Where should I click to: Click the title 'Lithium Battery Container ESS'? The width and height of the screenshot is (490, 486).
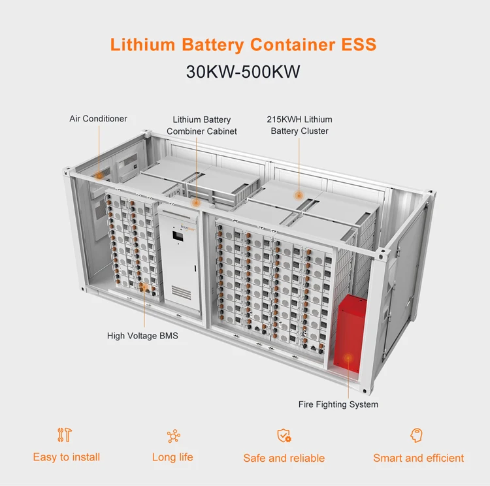tap(243, 44)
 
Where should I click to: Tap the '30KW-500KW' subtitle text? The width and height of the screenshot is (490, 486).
tap(243, 71)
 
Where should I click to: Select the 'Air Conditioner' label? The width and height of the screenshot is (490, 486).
tap(98, 119)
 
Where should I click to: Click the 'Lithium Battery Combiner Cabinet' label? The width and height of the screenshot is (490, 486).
tap(201, 125)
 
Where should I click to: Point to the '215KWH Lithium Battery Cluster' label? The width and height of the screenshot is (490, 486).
tap(299, 125)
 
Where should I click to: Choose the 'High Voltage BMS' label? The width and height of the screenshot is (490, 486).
tap(142, 336)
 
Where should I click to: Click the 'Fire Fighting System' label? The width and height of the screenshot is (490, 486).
tap(338, 404)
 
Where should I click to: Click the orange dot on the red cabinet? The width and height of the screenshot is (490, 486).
tap(348, 357)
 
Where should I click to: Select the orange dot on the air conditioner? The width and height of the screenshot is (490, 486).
tap(99, 175)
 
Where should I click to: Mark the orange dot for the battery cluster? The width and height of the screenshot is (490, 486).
tap(299, 195)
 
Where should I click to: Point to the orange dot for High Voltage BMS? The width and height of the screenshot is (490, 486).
tap(143, 287)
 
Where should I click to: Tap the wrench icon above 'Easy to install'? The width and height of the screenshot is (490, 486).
tap(65, 435)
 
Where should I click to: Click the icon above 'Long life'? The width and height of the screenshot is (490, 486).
tap(173, 436)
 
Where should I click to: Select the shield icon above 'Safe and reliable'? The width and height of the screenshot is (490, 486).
tap(284, 436)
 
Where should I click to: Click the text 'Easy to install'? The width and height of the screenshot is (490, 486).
tap(66, 457)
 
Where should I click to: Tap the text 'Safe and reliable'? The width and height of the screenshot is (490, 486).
tap(284, 458)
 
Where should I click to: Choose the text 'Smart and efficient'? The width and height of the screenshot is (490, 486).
tap(418, 458)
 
